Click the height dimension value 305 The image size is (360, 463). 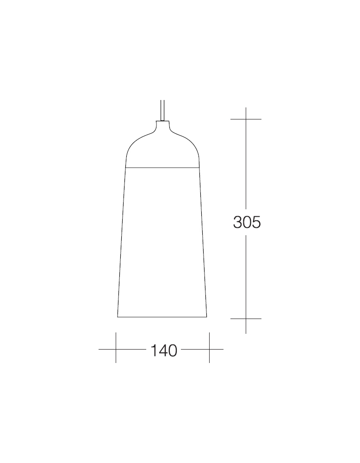[247, 223]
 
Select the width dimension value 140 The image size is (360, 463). [164, 350]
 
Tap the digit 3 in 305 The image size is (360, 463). [238, 223]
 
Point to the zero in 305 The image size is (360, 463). [247, 223]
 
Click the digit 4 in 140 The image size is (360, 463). [163, 350]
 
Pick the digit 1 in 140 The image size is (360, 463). [153, 350]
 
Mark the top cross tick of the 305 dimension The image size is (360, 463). [246, 119]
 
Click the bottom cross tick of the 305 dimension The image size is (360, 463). [246, 319]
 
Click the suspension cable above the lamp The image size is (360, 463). [162, 110]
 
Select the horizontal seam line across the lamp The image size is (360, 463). [162, 167]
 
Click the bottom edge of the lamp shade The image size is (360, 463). [162, 317]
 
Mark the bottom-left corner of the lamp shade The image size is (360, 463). [118, 317]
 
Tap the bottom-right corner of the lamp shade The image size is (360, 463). [207, 317]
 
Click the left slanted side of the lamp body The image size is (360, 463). [122, 241]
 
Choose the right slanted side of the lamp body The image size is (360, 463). [203, 241]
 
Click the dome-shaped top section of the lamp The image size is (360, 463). [162, 148]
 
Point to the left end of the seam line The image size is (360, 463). [126, 167]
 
